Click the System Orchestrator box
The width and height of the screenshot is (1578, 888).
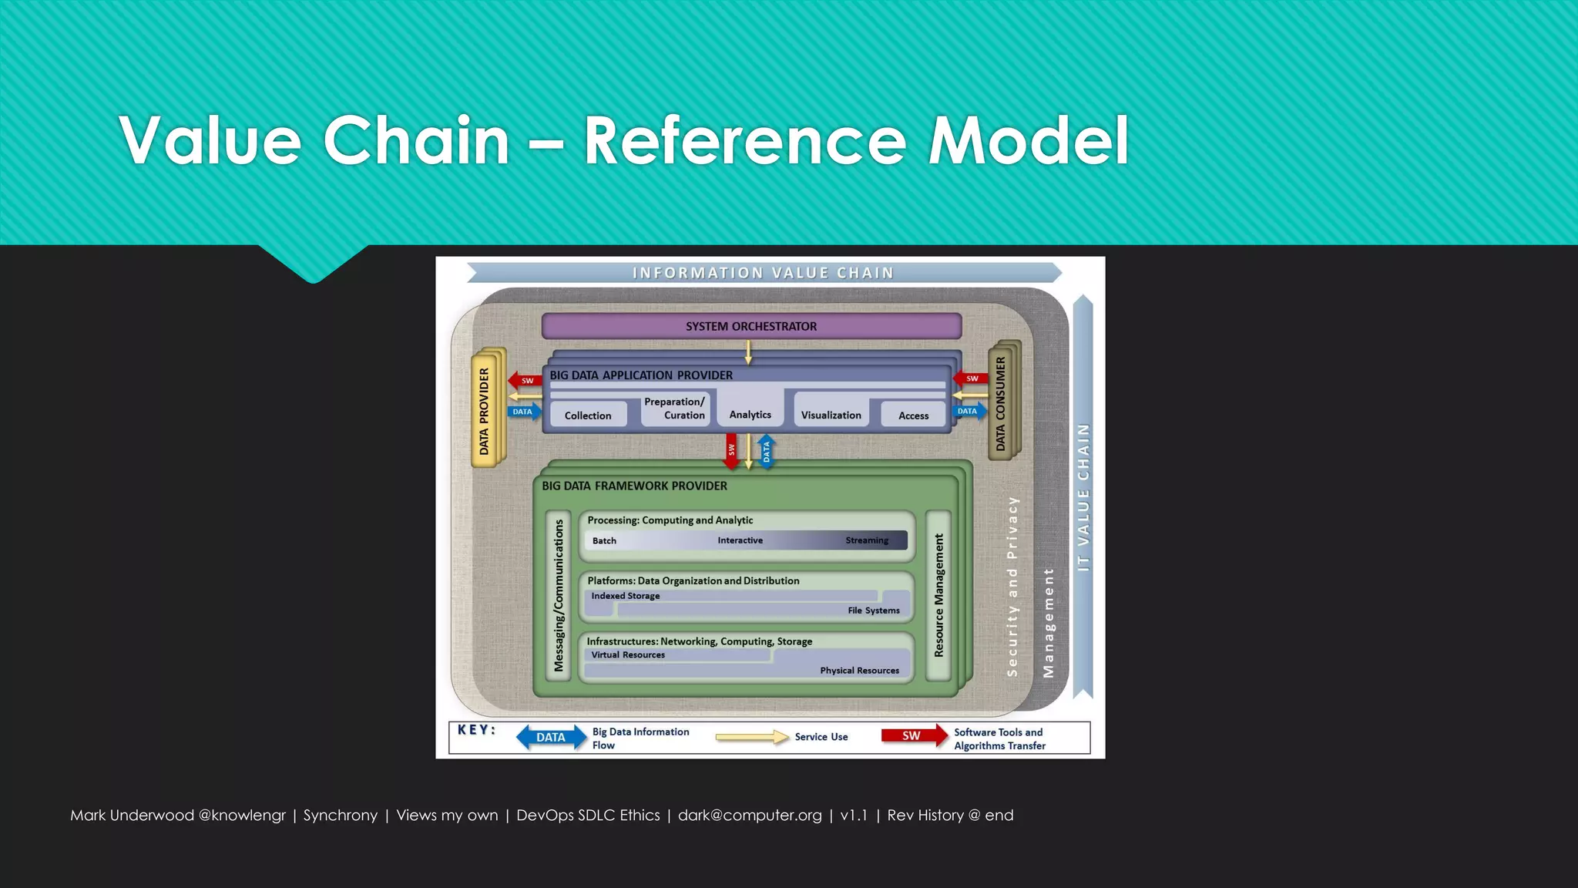point(751,326)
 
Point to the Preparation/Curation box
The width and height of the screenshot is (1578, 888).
point(674,409)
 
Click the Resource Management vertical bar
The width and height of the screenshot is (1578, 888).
point(938,595)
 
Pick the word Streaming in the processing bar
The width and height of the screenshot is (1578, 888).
point(866,540)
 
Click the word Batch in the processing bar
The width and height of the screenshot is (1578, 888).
point(604,541)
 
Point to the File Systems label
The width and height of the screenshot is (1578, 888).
point(873,610)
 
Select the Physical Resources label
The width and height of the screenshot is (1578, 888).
point(859,671)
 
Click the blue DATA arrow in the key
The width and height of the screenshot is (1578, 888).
point(551,738)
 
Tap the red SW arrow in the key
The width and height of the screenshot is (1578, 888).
point(914,735)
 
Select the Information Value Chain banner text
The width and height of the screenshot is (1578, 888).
point(763,273)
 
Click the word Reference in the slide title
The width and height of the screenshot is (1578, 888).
point(744,140)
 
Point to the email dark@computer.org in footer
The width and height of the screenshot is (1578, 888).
point(749,816)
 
